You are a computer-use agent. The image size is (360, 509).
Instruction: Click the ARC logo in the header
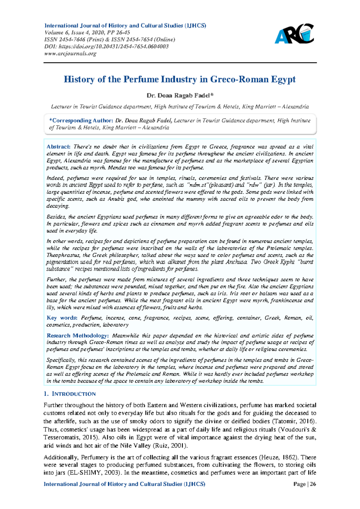click(x=294, y=34)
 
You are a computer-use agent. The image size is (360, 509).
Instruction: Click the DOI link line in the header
click(x=106, y=47)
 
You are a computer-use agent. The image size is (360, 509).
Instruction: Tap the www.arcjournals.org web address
click(x=70, y=54)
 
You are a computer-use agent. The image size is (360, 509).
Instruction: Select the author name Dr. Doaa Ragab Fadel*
click(x=180, y=96)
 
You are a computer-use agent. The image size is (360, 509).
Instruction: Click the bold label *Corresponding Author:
click(x=81, y=121)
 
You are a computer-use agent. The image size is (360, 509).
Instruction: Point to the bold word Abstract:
click(x=58, y=147)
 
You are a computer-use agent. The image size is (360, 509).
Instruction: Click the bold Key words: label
click(x=62, y=318)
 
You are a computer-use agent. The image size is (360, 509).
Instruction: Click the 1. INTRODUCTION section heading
click(x=70, y=394)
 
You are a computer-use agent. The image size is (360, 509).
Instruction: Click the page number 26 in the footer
click(x=313, y=484)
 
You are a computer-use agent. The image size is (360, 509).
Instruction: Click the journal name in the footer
click(x=124, y=484)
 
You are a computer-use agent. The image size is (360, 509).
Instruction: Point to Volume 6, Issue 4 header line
click(x=87, y=33)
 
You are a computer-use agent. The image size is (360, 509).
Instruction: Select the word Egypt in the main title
click(x=283, y=80)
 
